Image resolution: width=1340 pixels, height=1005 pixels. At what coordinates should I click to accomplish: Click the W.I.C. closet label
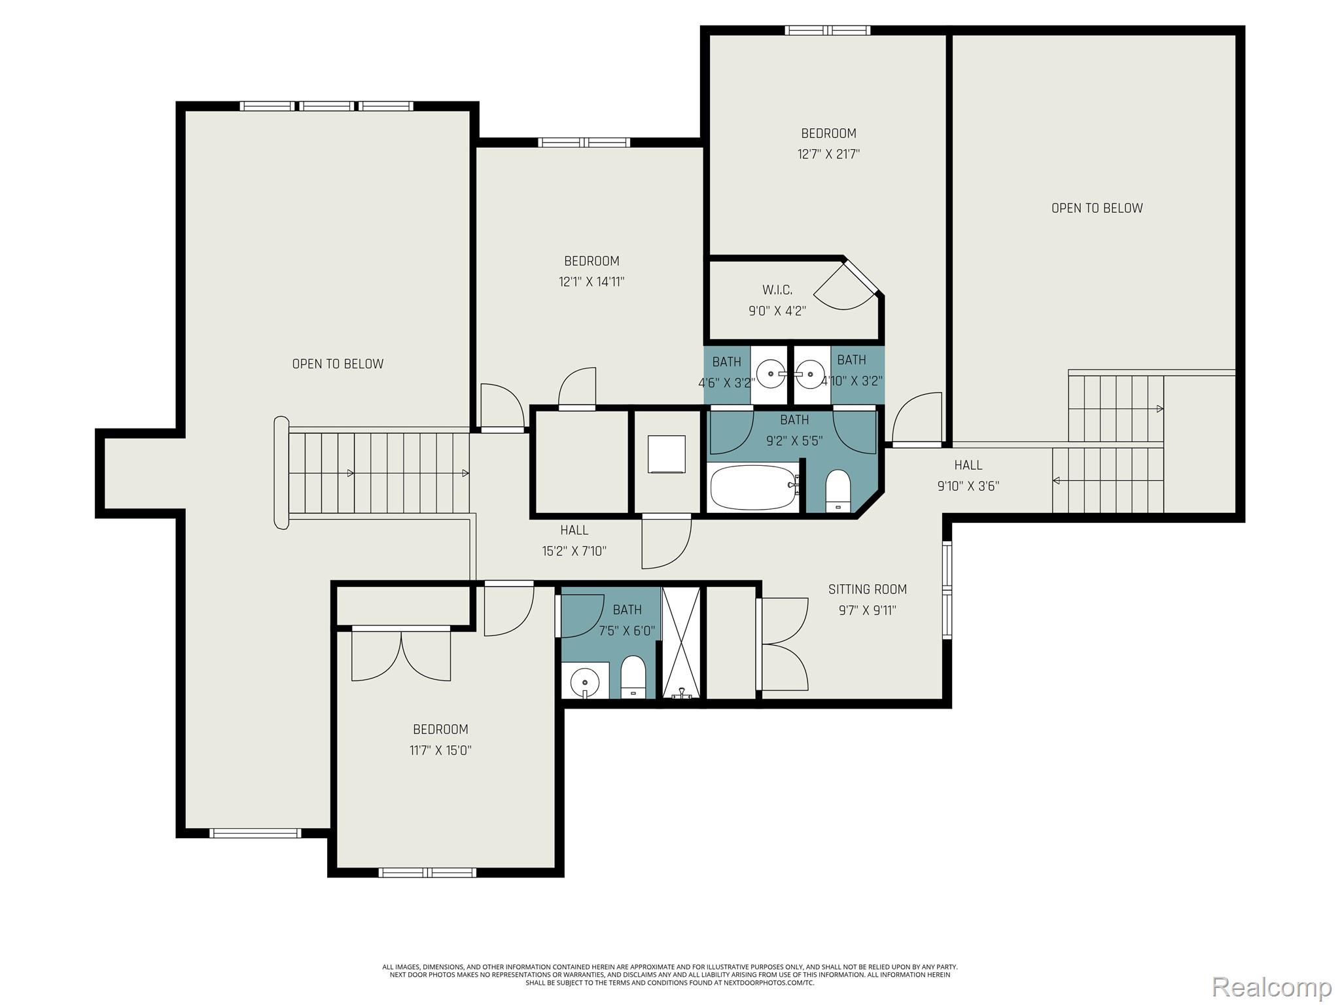pyautogui.click(x=777, y=290)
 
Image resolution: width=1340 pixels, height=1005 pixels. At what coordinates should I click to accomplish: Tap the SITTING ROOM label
pyautogui.click(x=867, y=590)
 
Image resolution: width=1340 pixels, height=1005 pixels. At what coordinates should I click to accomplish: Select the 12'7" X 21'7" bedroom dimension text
pyautogui.click(x=828, y=154)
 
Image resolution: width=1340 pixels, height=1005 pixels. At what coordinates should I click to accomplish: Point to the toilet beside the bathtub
pyautogui.click(x=837, y=491)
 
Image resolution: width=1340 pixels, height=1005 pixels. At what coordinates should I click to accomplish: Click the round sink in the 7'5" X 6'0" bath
pyautogui.click(x=584, y=684)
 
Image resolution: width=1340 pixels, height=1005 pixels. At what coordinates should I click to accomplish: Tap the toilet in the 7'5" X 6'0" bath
pyautogui.click(x=633, y=677)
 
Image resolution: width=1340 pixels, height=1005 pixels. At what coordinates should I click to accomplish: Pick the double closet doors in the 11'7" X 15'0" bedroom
pyautogui.click(x=400, y=654)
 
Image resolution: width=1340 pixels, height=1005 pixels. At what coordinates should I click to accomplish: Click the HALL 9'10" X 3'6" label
pyautogui.click(x=968, y=475)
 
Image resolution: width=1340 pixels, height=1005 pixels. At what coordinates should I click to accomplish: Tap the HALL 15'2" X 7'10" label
pyautogui.click(x=574, y=540)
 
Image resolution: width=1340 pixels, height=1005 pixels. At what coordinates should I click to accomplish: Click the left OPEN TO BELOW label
pyautogui.click(x=338, y=364)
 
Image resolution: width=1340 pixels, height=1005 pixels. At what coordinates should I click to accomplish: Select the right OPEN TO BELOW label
pyautogui.click(x=1097, y=208)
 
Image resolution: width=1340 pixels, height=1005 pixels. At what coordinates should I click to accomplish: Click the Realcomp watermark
pyautogui.click(x=1271, y=986)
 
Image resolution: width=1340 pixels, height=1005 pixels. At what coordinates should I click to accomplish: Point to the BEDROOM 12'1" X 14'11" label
pyautogui.click(x=591, y=271)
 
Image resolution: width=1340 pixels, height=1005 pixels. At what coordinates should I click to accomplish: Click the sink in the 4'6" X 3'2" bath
pyautogui.click(x=771, y=374)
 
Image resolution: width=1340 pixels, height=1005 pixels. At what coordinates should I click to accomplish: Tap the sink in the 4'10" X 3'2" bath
pyautogui.click(x=810, y=374)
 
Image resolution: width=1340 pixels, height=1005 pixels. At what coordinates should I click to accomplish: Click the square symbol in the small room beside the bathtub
pyautogui.click(x=666, y=454)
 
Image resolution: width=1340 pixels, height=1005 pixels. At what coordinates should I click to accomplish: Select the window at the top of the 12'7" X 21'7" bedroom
pyautogui.click(x=827, y=30)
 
